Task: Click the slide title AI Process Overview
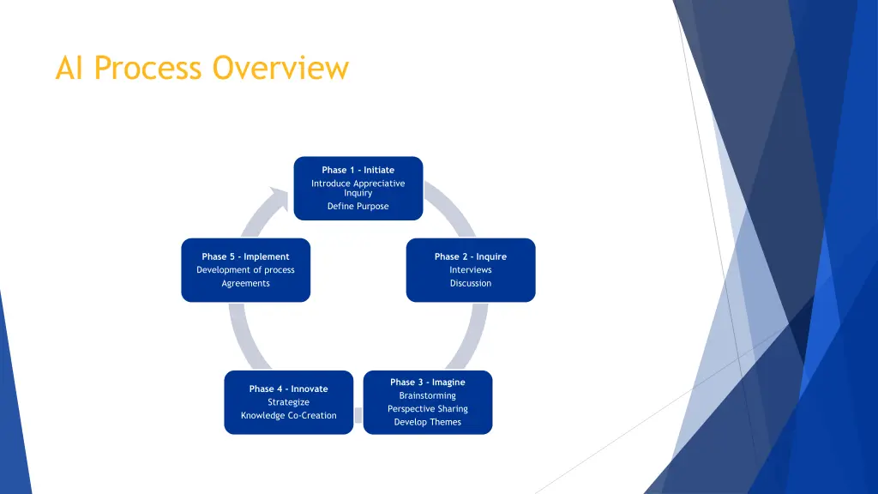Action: tap(201, 67)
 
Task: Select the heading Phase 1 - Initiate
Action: tap(358, 170)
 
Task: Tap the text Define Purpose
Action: tap(358, 206)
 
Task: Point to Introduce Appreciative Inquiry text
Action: tap(358, 188)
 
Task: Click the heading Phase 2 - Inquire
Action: tap(470, 256)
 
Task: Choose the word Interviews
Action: tap(470, 270)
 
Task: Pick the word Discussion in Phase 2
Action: tap(470, 283)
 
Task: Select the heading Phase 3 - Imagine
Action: tap(427, 382)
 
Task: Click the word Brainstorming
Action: tap(427, 395)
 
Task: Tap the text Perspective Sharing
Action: tap(427, 409)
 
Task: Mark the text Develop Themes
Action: tap(427, 422)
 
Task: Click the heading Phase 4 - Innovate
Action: tap(288, 389)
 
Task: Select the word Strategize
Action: tap(288, 402)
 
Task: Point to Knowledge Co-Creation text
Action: tap(288, 416)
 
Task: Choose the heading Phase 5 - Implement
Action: tap(245, 256)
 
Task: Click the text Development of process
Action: tap(245, 270)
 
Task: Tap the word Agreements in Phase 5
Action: tap(245, 283)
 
